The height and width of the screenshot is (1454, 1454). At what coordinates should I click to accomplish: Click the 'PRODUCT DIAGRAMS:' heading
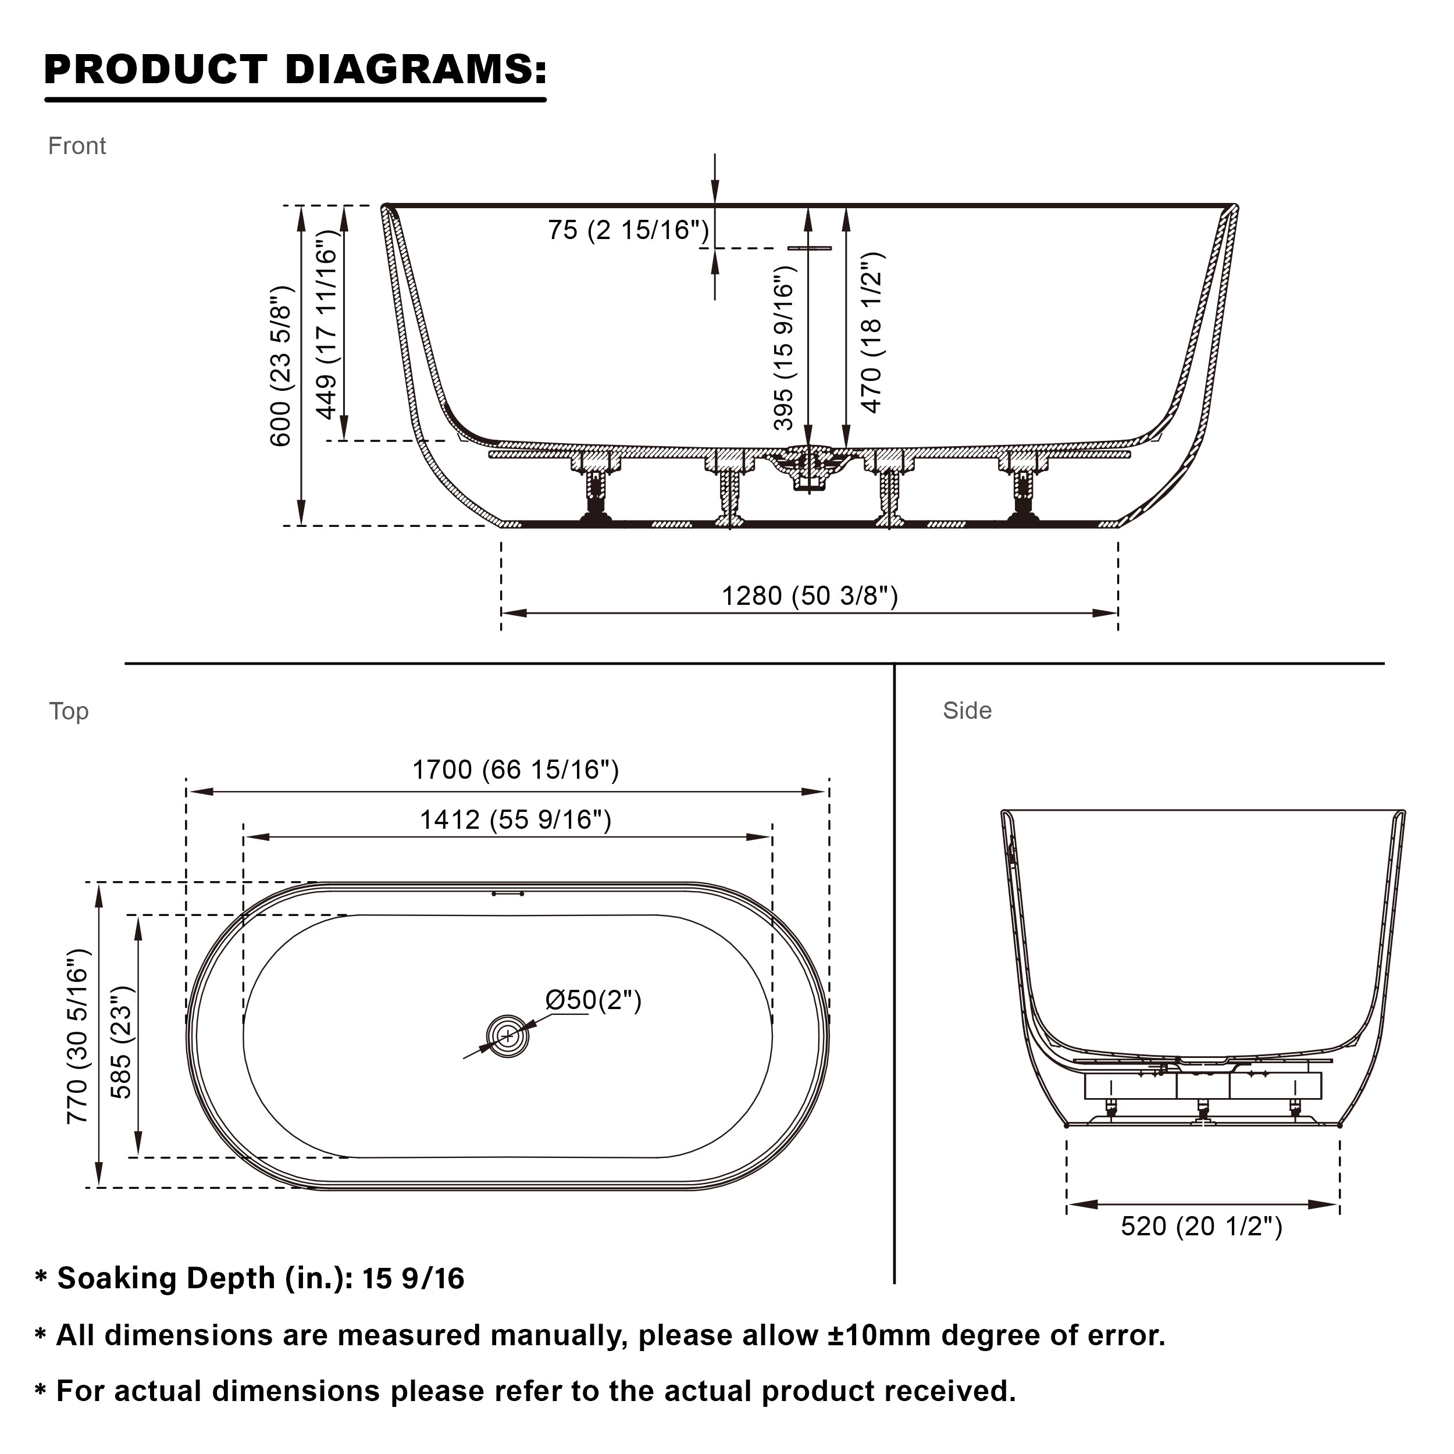(x=295, y=70)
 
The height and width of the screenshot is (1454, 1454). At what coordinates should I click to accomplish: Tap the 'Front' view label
(x=77, y=146)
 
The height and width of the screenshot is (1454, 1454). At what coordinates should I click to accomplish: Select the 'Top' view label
(x=69, y=712)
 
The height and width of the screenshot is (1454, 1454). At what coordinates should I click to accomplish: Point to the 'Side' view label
(x=968, y=711)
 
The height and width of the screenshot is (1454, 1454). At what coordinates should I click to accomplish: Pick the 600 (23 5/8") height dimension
(x=281, y=366)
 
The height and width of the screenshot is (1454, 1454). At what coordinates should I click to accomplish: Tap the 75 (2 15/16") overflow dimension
(x=628, y=230)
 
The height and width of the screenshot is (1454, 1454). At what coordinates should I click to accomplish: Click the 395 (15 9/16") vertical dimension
(x=784, y=348)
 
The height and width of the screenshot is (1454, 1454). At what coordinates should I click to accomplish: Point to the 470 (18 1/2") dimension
(x=871, y=332)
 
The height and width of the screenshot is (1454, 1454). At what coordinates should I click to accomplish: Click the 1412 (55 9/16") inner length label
(x=515, y=819)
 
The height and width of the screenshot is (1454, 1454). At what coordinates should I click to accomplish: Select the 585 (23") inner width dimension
(x=121, y=1042)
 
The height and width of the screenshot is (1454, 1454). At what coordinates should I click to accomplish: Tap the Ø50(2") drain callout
(x=593, y=1000)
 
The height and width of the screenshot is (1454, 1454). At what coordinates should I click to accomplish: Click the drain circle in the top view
(x=508, y=1037)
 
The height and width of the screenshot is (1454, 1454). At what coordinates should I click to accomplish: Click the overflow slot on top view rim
(x=508, y=894)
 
